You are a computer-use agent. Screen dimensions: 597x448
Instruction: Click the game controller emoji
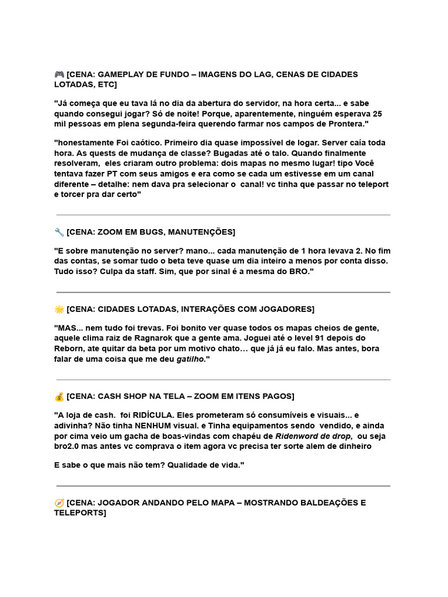[x=59, y=75]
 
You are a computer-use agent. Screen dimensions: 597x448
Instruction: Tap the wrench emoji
[x=59, y=232]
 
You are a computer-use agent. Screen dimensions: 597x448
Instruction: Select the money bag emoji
[x=59, y=396]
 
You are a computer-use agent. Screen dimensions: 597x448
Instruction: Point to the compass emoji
[x=59, y=503]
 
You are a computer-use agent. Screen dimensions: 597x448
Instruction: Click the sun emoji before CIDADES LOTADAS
[x=59, y=309]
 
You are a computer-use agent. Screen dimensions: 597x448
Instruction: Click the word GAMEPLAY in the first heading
[x=120, y=75]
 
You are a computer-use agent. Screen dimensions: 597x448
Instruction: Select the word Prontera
[x=348, y=124]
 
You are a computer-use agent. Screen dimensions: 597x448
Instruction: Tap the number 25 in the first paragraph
[x=377, y=114]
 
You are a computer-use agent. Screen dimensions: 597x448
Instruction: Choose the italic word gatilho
[x=191, y=359]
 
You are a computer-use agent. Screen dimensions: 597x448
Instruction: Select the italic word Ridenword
[x=297, y=436]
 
